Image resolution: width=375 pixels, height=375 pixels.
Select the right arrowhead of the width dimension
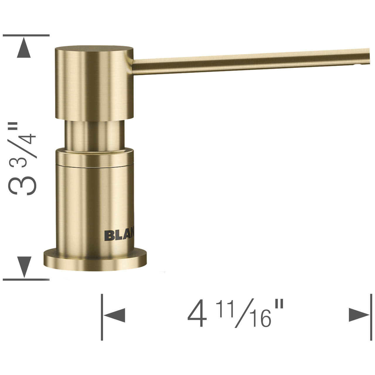click(358, 316)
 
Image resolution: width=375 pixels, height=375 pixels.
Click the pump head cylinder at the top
click(94, 82)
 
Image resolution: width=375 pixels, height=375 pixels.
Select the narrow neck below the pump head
click(94, 135)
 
